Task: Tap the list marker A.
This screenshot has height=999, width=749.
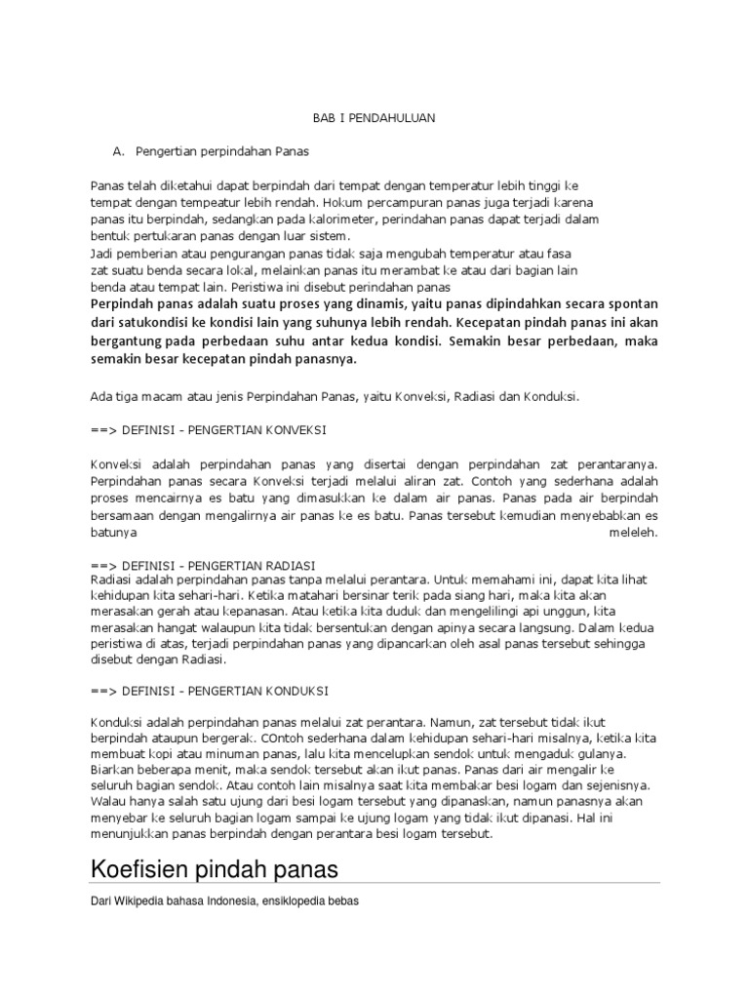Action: pyautogui.click(x=120, y=151)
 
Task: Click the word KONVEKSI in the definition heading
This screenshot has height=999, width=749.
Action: pyautogui.click(x=292, y=429)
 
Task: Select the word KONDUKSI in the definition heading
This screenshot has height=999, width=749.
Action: pyautogui.click(x=293, y=690)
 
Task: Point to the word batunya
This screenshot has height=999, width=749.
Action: pyautogui.click(x=113, y=533)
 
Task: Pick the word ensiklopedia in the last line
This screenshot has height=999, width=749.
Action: pyautogui.click(x=294, y=902)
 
